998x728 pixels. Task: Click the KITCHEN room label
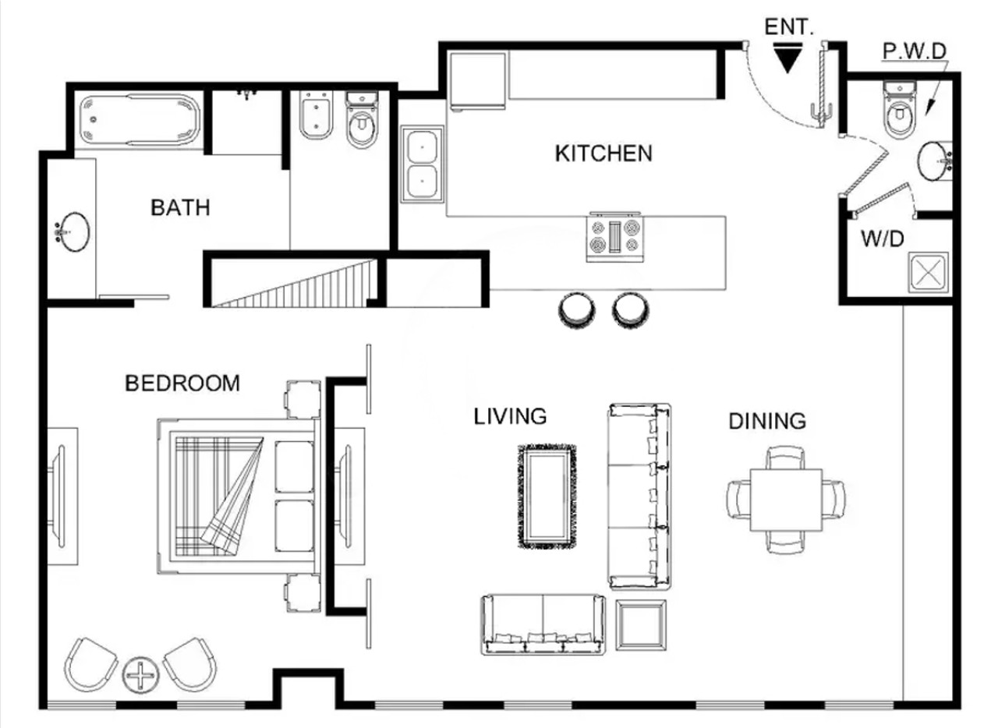603,154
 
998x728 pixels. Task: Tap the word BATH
180,207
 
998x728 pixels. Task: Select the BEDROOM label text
182,383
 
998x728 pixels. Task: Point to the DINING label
767,421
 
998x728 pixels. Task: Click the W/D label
883,239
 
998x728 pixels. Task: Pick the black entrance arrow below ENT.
787,58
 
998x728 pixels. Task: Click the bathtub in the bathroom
140,119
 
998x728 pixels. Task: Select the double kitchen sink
423,164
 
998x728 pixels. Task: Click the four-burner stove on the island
615,237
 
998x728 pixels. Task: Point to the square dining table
786,500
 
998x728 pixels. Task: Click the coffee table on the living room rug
547,496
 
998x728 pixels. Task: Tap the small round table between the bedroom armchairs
141,674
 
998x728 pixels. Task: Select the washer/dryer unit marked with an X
928,272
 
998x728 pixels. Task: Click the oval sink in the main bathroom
73,232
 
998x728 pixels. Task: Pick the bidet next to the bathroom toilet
316,115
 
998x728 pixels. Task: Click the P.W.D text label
915,51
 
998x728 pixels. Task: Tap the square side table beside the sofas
641,625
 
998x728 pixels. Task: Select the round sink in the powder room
934,161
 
